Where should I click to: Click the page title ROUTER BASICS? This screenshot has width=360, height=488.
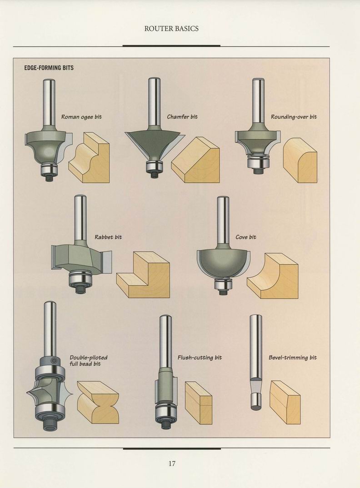(x=171, y=29)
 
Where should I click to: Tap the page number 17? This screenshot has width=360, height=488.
(x=172, y=463)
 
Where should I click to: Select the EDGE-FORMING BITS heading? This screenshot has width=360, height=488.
(x=49, y=68)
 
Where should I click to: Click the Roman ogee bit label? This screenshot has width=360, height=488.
(x=81, y=117)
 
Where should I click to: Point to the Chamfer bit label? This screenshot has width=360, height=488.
(x=182, y=117)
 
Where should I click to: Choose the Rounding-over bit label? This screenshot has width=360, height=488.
(x=294, y=117)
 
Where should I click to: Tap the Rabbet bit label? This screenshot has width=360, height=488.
(x=108, y=237)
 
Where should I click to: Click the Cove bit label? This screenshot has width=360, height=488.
(x=246, y=237)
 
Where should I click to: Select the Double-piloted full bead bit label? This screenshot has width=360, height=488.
(x=89, y=361)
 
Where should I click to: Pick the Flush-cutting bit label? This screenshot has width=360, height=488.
(x=200, y=358)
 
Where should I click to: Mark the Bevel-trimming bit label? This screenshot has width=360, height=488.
(x=293, y=358)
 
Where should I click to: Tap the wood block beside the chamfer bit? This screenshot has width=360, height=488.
(x=195, y=160)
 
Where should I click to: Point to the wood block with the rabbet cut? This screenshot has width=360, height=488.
(x=143, y=275)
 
